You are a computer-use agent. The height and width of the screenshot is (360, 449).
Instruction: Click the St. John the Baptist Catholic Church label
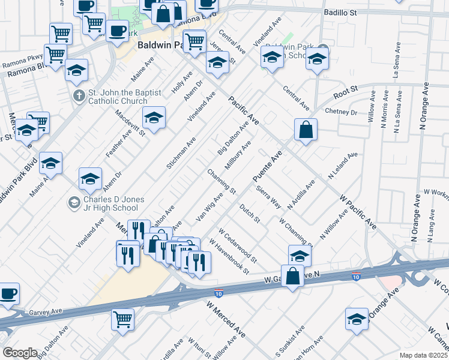click(118, 97)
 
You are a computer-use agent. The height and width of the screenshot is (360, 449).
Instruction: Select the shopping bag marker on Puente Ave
click(306, 130)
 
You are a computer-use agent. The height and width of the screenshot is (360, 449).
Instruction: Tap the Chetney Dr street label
click(340, 112)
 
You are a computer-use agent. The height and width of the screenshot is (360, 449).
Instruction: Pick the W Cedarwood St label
click(237, 245)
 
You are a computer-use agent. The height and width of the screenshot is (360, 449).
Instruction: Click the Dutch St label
click(249, 213)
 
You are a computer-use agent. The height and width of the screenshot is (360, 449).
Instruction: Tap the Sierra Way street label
click(268, 197)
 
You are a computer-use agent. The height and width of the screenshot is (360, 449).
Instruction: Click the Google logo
click(20, 353)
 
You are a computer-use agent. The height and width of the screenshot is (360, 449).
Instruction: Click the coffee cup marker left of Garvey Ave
click(8, 294)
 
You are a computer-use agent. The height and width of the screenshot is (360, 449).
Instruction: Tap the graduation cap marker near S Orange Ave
click(357, 319)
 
